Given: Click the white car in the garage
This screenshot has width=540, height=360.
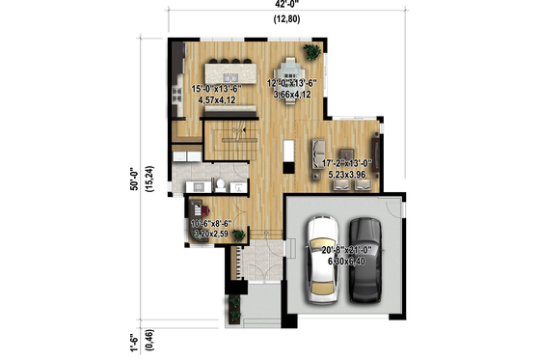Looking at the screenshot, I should click(x=320, y=258).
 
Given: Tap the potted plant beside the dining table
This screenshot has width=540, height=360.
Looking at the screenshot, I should click(x=311, y=51).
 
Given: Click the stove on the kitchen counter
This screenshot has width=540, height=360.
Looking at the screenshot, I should click(x=178, y=94).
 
